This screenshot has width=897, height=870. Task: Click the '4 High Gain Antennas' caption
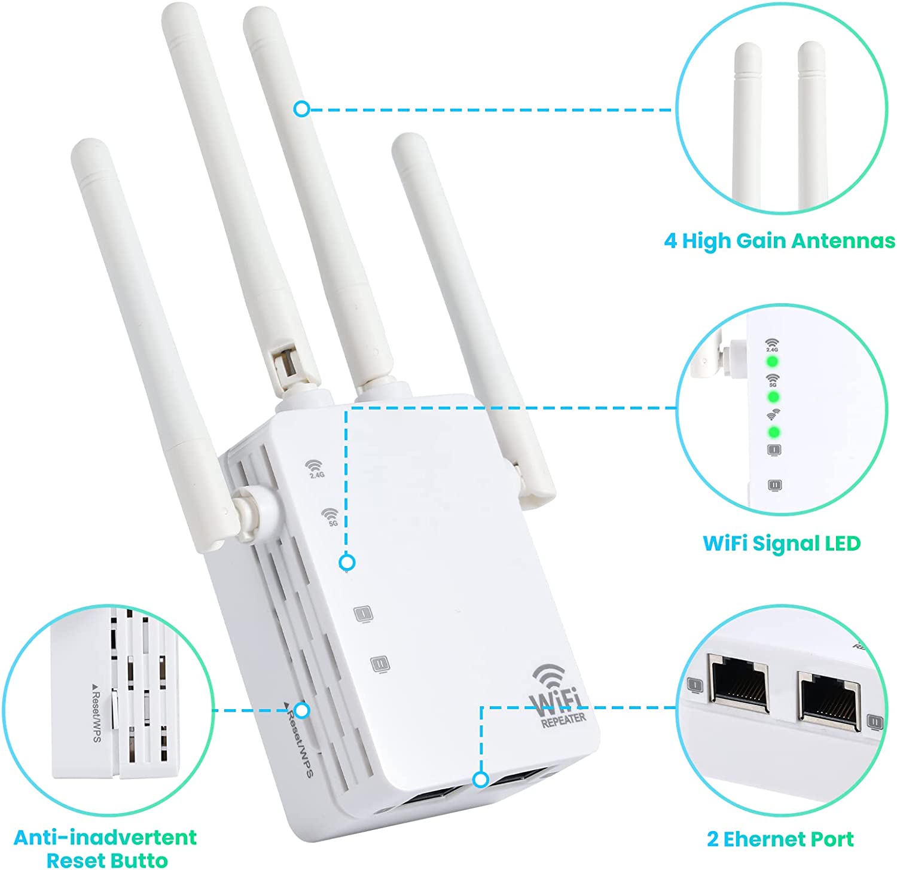point(779,240)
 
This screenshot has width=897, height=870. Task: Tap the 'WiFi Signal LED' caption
point(782,543)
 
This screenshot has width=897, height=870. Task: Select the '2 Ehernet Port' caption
point(780,839)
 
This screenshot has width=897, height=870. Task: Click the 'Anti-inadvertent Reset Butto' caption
point(106,848)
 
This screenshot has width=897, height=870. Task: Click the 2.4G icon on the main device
point(315,469)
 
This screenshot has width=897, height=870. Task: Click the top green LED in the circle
point(773,362)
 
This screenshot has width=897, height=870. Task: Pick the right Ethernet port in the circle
point(829,698)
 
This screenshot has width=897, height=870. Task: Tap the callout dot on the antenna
point(301,109)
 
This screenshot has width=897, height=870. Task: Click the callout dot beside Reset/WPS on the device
point(303,710)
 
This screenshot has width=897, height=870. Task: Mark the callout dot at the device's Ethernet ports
point(480,780)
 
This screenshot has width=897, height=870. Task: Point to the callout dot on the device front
point(347,562)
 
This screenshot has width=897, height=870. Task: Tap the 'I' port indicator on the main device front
point(363,613)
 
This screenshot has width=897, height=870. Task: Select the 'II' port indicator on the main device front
point(380,663)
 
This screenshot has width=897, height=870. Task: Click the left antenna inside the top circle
point(748,126)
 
